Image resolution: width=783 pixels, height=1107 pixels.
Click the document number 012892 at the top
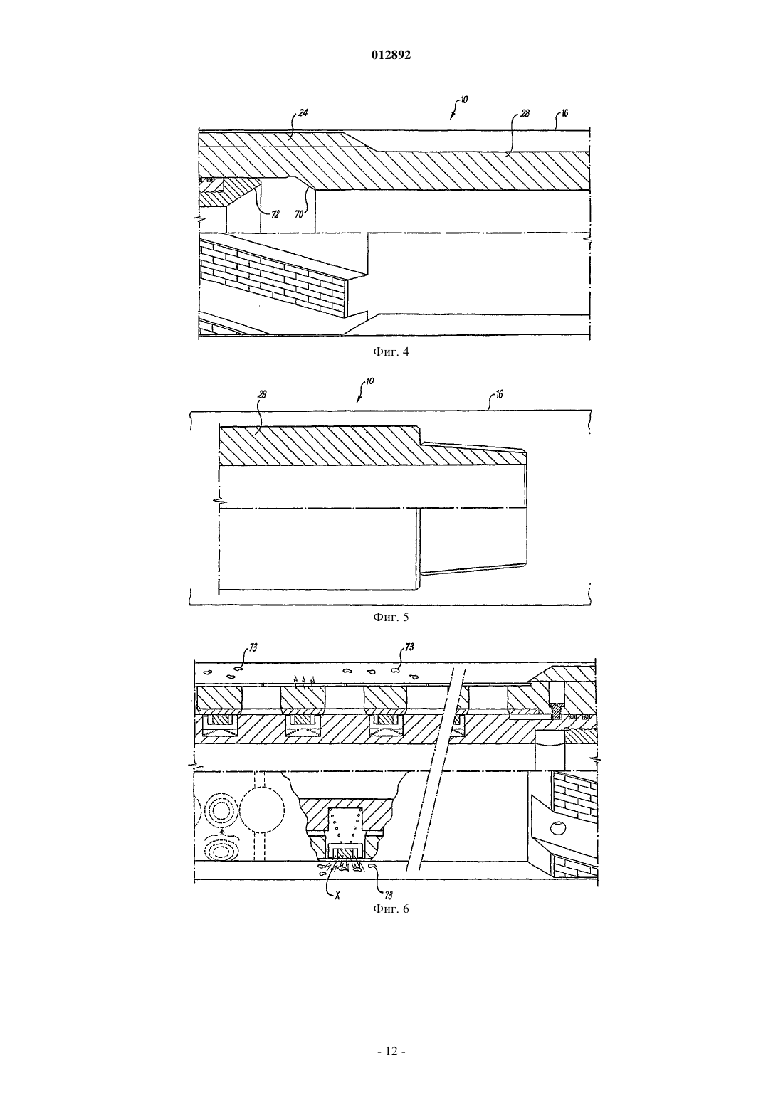coord(391,55)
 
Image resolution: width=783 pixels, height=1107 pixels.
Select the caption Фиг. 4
coord(391,352)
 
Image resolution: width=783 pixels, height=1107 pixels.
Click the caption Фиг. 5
coord(391,617)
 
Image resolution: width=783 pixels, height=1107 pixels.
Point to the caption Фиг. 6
coord(391,909)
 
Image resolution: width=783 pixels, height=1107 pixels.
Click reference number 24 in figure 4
coord(303,112)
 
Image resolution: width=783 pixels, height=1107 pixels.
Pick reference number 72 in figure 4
coord(275,214)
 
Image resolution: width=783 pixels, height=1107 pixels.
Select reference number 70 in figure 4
coord(298,215)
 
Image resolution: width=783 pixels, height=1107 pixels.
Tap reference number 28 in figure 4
coord(525,113)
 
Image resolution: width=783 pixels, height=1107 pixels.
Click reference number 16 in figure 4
coord(564,113)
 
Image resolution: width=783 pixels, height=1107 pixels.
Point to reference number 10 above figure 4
coord(463,100)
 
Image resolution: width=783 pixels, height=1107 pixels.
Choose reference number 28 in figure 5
coord(262,395)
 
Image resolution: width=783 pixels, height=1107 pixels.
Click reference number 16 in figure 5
coord(499,395)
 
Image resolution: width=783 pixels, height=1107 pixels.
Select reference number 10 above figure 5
coord(370,381)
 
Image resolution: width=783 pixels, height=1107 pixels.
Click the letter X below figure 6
coord(337,896)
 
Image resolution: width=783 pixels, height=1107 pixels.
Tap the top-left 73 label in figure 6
coord(253,647)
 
